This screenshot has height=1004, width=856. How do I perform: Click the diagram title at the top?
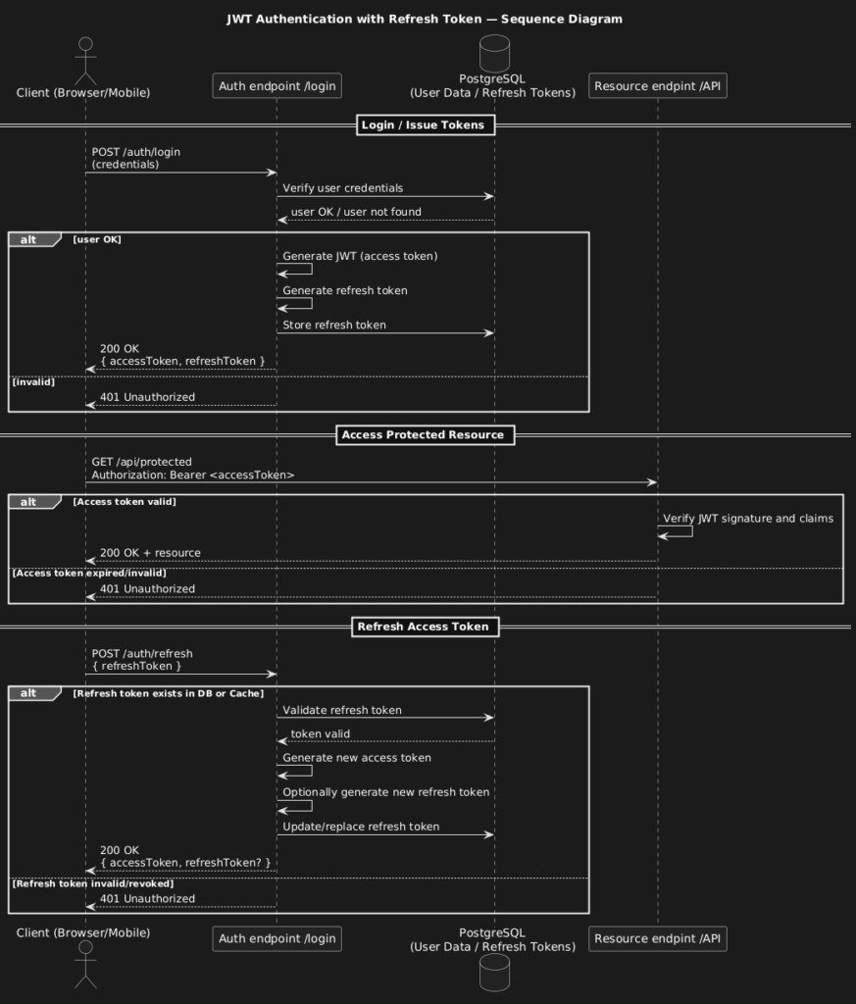[x=425, y=20]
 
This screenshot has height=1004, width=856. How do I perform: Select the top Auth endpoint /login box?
[x=277, y=86]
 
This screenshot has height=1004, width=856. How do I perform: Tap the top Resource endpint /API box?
[x=658, y=86]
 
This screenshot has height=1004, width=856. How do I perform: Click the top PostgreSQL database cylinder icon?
[x=494, y=53]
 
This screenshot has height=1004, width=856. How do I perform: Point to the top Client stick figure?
[x=85, y=61]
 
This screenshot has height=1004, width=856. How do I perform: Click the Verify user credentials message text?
[x=343, y=188]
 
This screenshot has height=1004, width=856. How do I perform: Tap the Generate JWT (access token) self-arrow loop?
[x=312, y=269]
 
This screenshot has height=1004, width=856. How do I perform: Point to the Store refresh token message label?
[x=334, y=325]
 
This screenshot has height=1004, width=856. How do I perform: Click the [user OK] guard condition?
[x=97, y=239]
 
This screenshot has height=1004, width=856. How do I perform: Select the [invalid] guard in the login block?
[x=33, y=382]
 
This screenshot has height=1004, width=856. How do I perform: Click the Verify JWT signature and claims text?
[x=748, y=519]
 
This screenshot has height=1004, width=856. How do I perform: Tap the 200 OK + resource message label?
[x=150, y=553]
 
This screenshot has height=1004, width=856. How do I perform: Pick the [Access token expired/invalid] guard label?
[x=89, y=573]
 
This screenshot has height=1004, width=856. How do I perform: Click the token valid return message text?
[x=321, y=733]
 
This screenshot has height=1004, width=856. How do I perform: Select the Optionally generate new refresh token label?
[x=386, y=792]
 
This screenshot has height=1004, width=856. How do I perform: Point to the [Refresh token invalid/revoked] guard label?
[x=93, y=883]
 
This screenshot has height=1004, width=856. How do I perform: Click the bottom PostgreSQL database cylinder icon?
[x=494, y=973]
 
